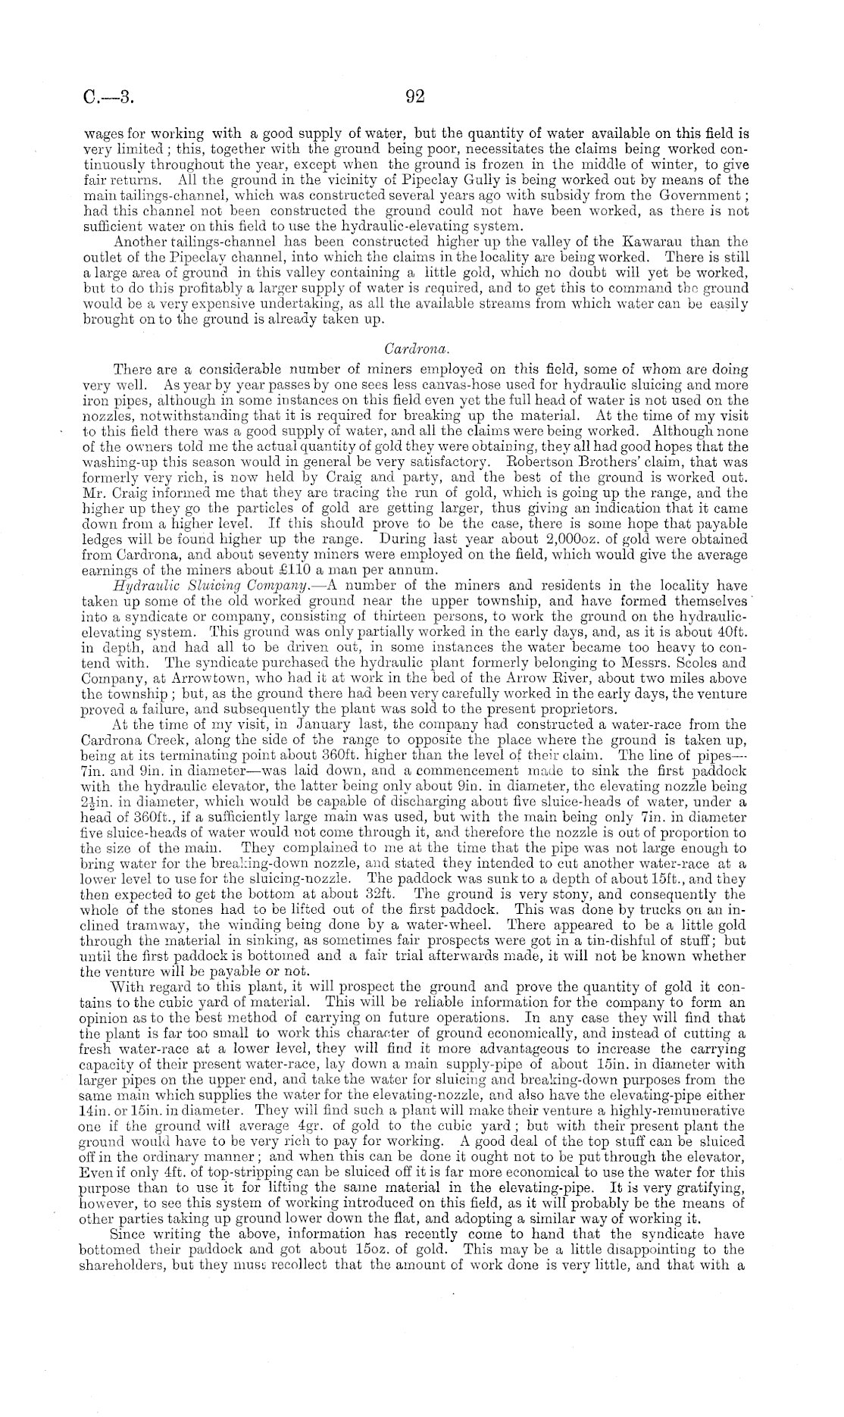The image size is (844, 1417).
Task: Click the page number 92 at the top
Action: point(414,96)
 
